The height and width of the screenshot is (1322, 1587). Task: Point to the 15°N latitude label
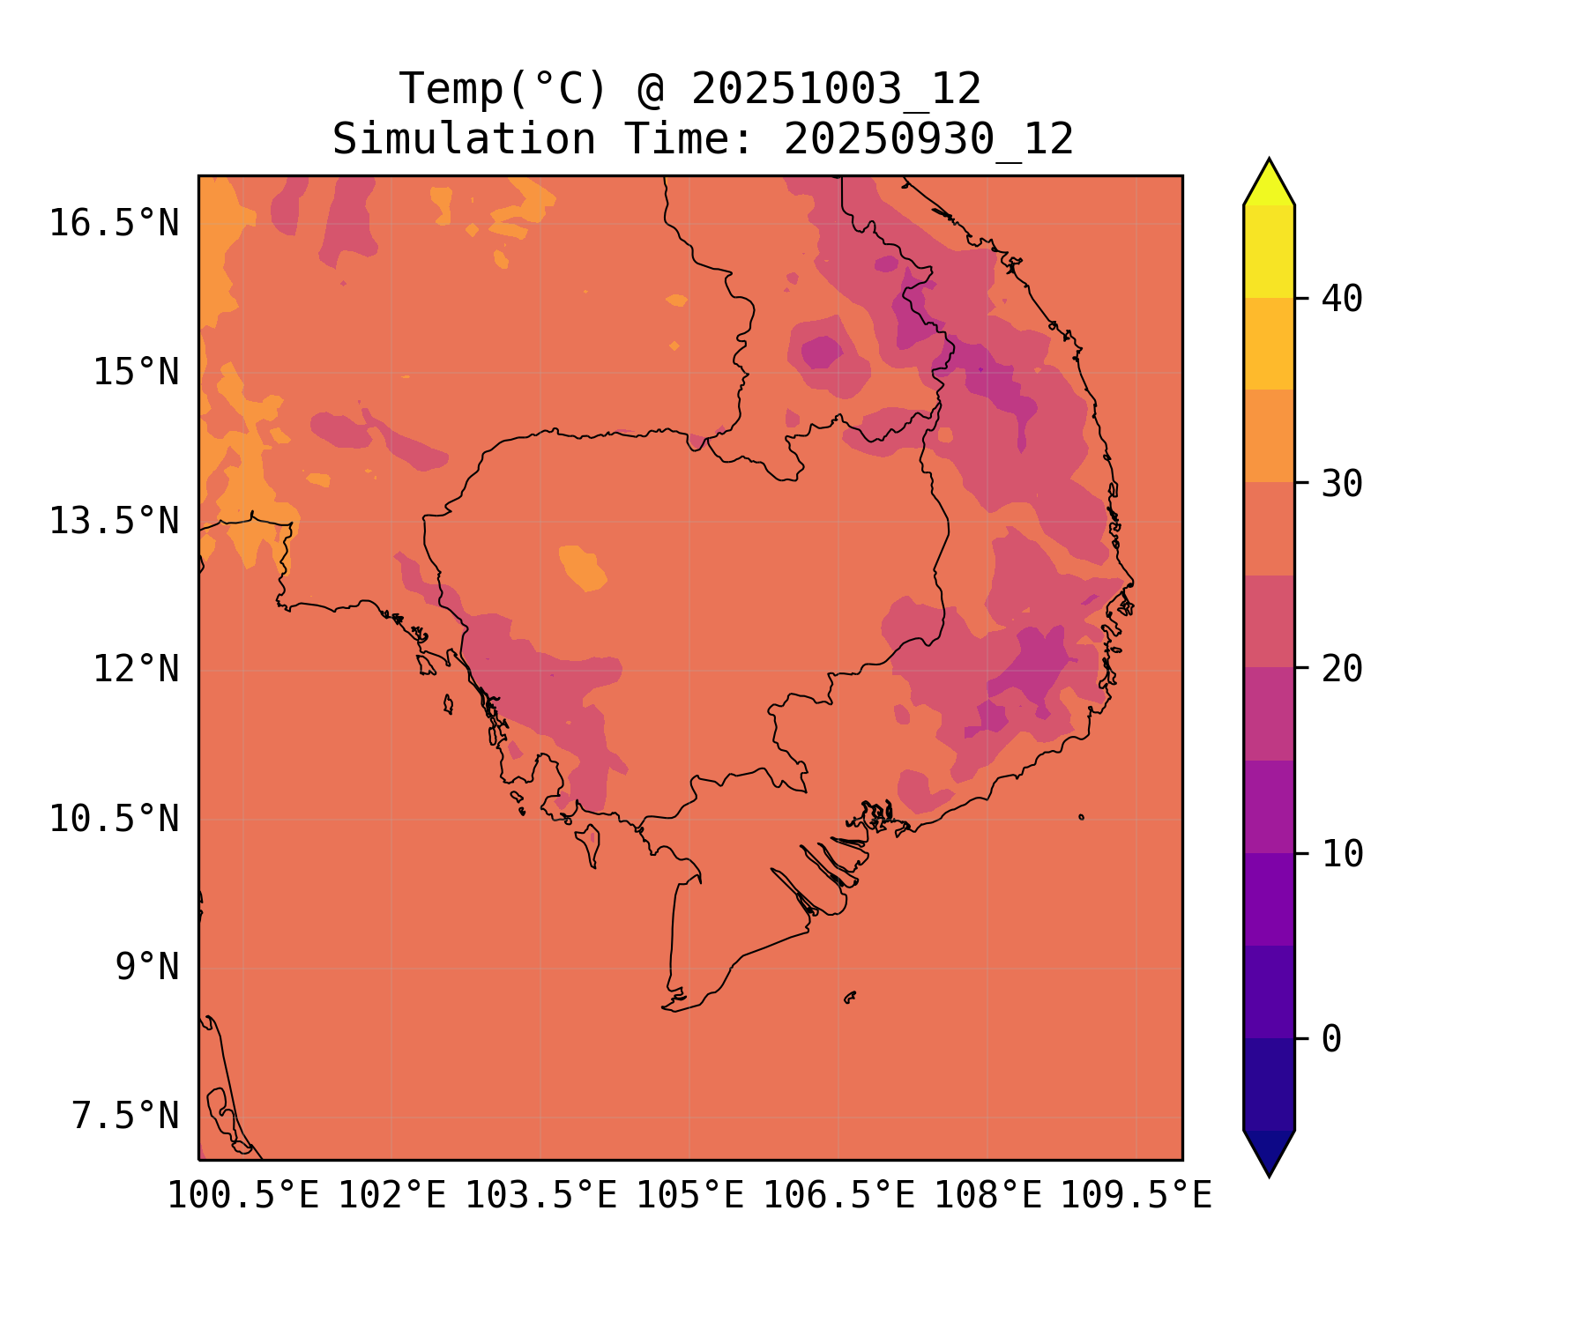coord(136,373)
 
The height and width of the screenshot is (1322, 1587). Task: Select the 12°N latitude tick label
coord(136,670)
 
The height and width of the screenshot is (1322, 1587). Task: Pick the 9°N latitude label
coord(146,968)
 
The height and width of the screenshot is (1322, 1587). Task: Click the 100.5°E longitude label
coord(242,1197)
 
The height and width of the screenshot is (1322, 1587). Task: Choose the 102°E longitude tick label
coord(391,1197)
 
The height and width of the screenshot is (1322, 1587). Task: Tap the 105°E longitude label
coord(689,1197)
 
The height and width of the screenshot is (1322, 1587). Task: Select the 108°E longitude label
coord(987,1197)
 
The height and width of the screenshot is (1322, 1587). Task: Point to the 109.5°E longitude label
coord(1136,1197)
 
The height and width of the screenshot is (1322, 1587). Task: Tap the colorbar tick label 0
coord(1331,1040)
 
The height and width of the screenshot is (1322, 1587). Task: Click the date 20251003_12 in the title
coord(836,90)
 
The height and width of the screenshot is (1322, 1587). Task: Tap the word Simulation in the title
coord(464,140)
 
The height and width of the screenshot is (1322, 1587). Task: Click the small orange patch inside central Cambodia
coord(582,568)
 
